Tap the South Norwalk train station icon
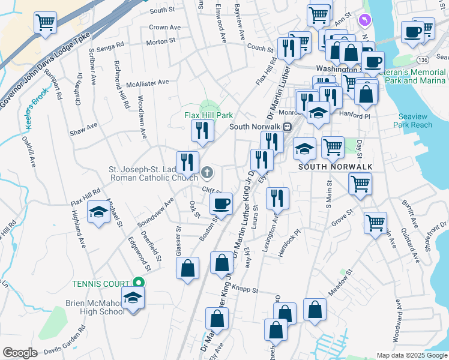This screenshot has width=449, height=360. (x=288, y=127)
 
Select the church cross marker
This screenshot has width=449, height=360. (x=206, y=173)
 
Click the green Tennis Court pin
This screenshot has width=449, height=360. (x=139, y=283)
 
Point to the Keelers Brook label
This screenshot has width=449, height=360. (x=35, y=113)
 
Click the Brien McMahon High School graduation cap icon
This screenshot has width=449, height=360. (x=133, y=297)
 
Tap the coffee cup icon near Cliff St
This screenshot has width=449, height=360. (x=221, y=203)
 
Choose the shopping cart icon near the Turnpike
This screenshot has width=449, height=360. (x=46, y=23)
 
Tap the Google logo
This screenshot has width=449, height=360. (x=20, y=353)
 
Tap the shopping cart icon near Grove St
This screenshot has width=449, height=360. (x=375, y=222)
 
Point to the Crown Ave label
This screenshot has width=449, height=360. (x=164, y=28)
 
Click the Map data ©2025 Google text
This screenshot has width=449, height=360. (x=411, y=355)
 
